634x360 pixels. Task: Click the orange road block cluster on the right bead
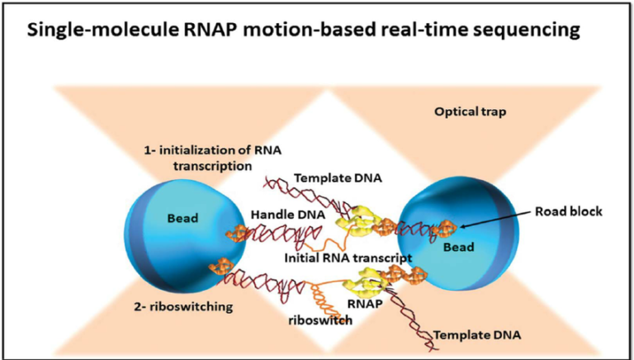click(447, 225)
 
